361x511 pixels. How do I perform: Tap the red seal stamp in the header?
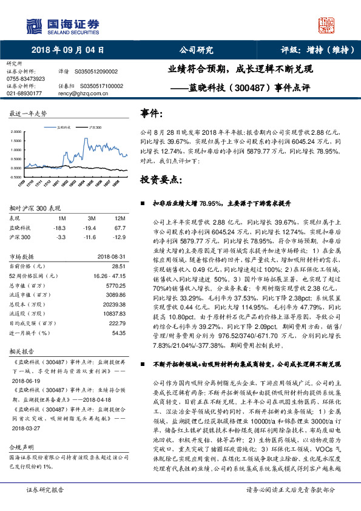click(327, 25)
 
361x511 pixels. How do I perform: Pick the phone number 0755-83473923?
click(25, 79)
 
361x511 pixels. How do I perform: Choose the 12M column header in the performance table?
click(120, 218)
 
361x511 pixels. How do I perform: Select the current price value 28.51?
click(118, 266)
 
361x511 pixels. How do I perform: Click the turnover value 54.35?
click(118, 333)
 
